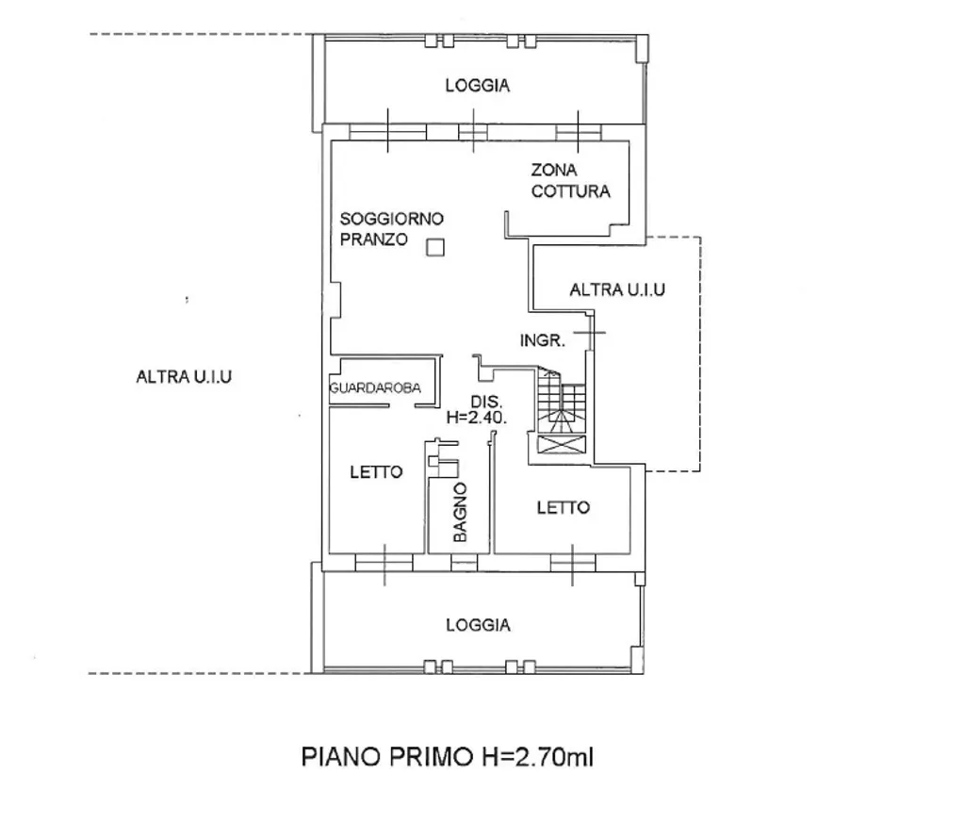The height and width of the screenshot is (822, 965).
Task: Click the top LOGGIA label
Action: coord(478,86)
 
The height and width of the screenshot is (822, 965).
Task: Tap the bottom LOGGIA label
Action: coord(478,625)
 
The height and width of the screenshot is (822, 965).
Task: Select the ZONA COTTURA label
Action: coord(570,181)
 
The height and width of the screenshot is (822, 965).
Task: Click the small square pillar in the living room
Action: coord(434,248)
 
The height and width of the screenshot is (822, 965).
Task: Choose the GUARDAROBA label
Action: coord(374,388)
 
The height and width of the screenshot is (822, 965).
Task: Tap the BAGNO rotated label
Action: coord(460,512)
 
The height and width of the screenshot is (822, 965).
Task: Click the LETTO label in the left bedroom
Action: coord(377,472)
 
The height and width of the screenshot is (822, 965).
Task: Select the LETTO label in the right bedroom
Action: coord(564,508)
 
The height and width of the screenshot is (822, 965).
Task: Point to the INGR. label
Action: coord(543,341)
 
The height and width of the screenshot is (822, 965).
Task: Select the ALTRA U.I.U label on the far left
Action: coord(185,377)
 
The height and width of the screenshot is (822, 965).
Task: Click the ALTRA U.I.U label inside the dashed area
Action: coord(617,290)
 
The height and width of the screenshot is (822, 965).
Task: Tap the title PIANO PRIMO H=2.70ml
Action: coord(447,756)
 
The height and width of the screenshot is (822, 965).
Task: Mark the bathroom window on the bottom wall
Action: coord(463,563)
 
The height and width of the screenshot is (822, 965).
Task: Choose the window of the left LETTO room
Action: coord(384,562)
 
